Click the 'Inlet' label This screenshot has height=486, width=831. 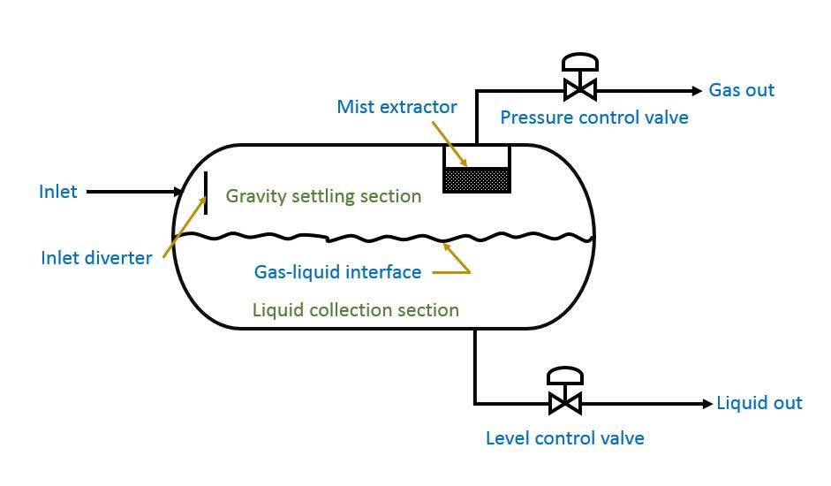[58, 191]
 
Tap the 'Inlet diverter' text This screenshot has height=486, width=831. [96, 258]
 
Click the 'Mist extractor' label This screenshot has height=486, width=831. [397, 107]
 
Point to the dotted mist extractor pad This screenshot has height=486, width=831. [476, 180]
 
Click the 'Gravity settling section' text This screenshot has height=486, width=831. [323, 196]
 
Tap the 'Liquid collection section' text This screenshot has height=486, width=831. [356, 310]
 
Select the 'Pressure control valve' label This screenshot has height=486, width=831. [594, 117]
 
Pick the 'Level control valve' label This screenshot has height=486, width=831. [565, 438]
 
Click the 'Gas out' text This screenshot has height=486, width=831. [742, 90]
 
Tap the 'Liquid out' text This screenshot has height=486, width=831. [759, 403]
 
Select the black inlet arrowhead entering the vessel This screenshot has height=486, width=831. [177, 191]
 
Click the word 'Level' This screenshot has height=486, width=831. [506, 438]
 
